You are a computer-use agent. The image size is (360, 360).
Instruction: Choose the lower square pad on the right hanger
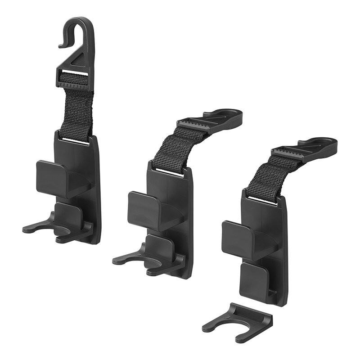[254, 280]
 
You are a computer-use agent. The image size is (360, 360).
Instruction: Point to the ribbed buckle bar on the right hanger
[288, 152]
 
